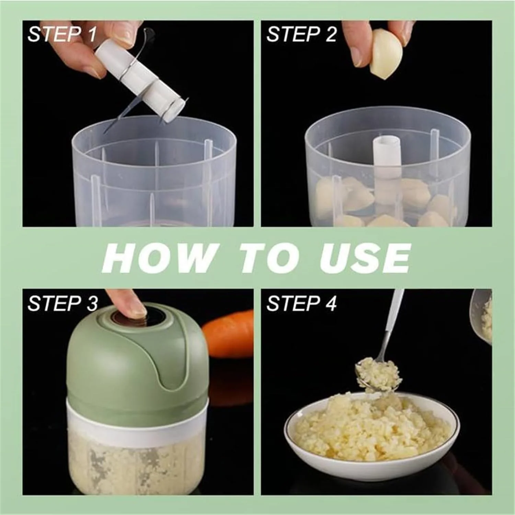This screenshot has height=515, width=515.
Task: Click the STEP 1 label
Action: [62, 35]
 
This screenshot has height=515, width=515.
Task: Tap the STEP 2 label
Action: [301, 35]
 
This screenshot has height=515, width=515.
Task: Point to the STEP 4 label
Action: [301, 304]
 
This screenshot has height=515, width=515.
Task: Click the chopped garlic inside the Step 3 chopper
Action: [137, 463]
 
